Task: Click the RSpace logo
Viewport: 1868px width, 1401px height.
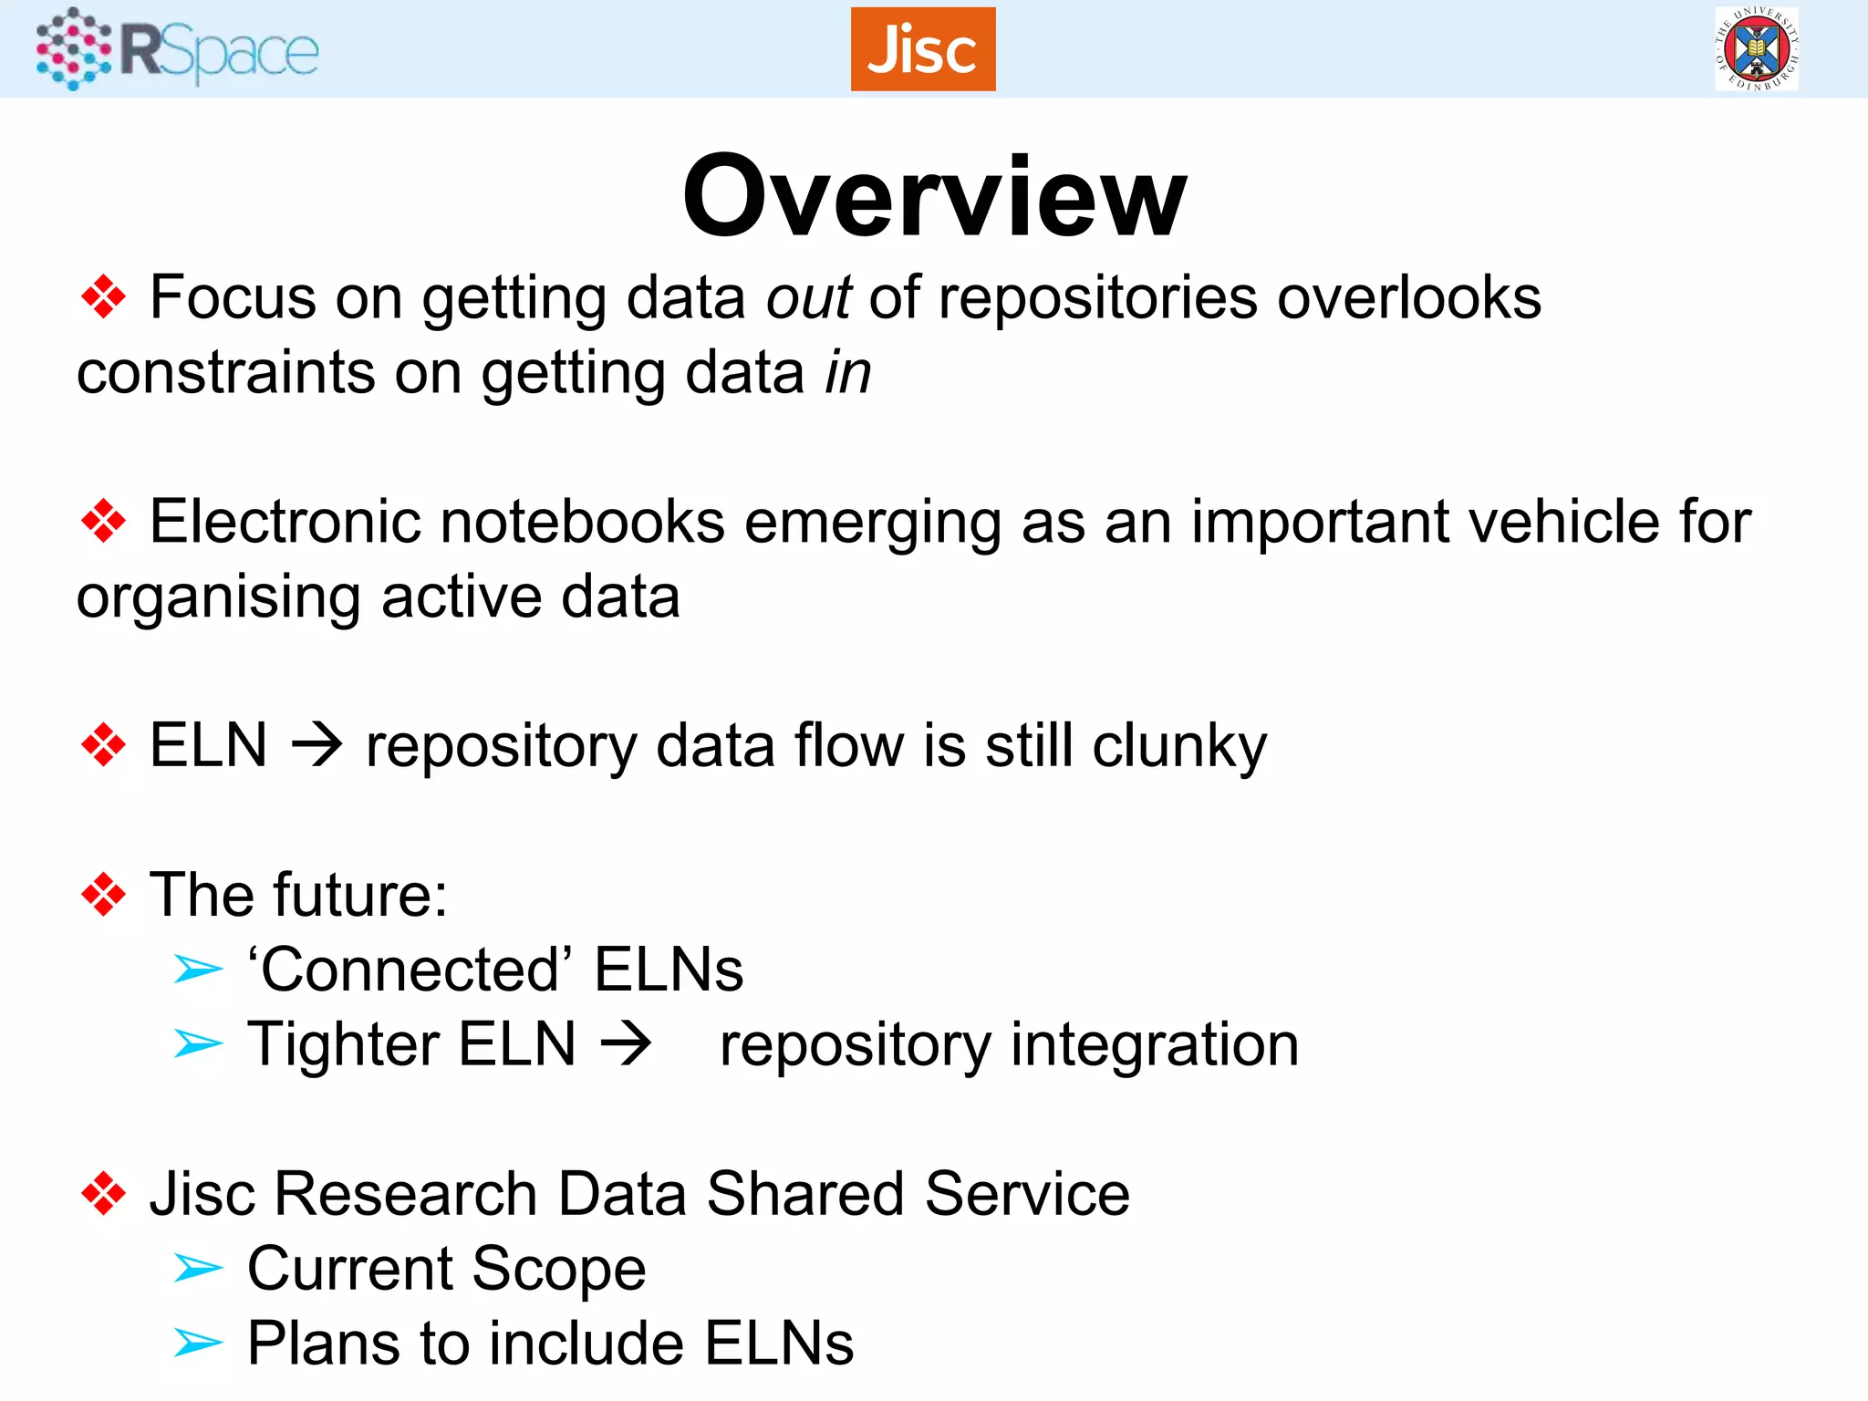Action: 178,49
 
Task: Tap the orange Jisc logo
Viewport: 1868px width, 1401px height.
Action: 922,49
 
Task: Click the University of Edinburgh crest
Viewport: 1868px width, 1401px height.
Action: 1756,49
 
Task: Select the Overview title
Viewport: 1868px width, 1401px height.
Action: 934,196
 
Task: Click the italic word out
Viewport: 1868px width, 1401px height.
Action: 808,298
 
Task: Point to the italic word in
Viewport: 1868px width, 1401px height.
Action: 848,373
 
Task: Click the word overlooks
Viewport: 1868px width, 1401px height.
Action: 1408,298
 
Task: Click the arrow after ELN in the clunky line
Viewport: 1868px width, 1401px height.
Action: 317,746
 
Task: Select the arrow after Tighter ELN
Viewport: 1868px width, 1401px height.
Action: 627,1044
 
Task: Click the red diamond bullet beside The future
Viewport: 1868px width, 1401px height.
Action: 103,895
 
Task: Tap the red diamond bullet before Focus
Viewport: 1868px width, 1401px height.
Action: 103,297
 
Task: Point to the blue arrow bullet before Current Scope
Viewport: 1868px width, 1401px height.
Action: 198,1269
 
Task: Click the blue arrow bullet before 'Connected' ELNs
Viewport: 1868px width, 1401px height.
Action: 198,970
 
